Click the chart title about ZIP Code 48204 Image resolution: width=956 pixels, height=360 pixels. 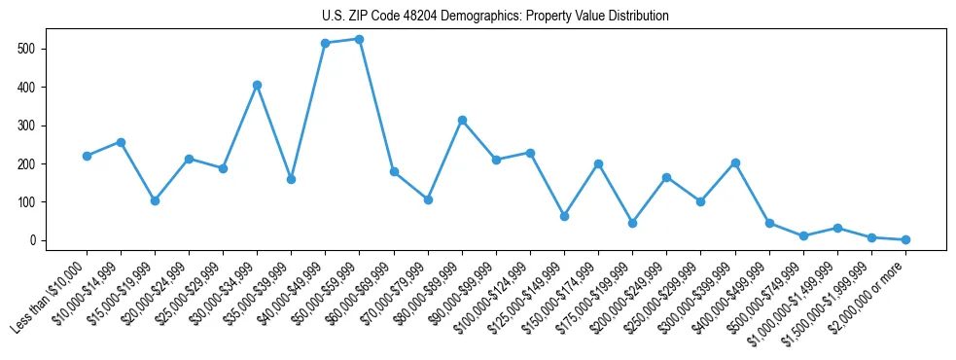[x=495, y=16]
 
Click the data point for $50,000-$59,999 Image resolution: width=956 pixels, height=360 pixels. [x=359, y=39]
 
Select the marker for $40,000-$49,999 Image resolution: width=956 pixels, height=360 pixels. [x=325, y=43]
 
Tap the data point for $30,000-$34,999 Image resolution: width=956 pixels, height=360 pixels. [x=257, y=85]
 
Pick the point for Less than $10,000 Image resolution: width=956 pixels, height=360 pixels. [x=87, y=156]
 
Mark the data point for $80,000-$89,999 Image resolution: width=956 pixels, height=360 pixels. [x=462, y=120]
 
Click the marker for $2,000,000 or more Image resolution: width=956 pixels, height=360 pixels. [x=905, y=239]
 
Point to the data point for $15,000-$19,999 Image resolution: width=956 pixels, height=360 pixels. [x=155, y=200]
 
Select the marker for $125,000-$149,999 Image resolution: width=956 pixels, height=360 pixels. [x=564, y=216]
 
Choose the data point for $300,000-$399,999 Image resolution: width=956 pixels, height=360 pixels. [x=735, y=162]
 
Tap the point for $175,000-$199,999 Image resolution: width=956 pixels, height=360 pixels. [x=632, y=223]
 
